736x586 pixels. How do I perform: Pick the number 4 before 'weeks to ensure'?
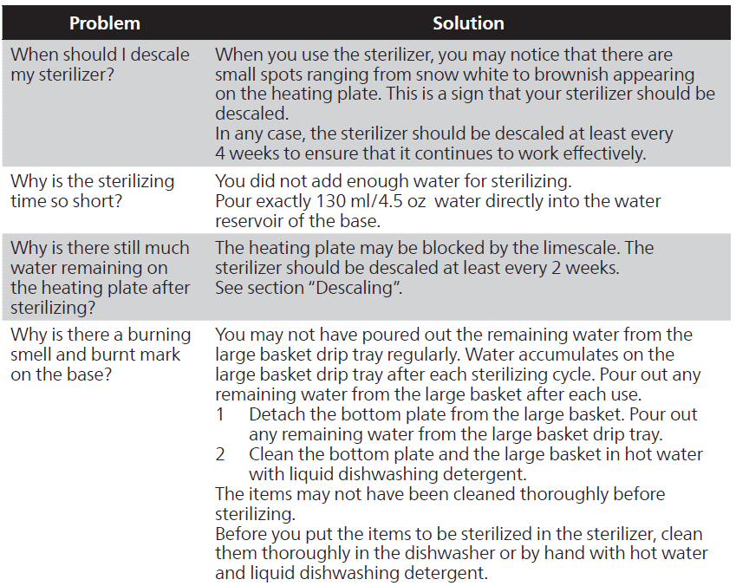coord(220,154)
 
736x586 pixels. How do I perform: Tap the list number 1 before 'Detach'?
coord(220,414)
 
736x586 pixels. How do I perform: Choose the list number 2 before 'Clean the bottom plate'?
coord(220,454)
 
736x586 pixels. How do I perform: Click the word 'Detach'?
coord(275,414)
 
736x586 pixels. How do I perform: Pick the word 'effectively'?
coord(599,154)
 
